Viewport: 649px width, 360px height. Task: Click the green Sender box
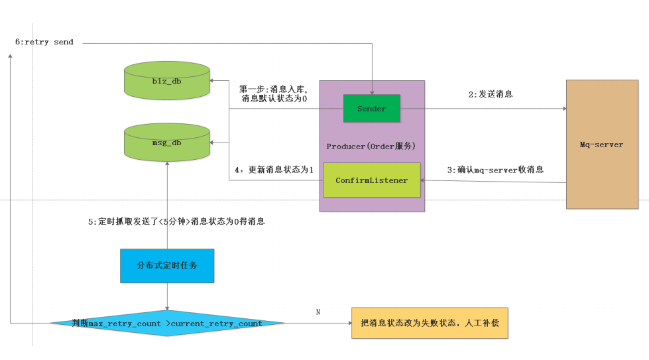point(371,109)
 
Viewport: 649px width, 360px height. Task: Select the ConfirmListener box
point(371,180)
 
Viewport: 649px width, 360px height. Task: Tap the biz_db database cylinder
point(167,81)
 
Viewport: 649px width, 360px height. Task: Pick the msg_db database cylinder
point(167,143)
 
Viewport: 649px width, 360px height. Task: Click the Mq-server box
point(601,145)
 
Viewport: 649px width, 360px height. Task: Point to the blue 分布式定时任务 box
point(167,265)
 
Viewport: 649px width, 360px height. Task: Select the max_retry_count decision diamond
point(167,324)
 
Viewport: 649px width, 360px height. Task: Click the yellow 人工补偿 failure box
point(429,323)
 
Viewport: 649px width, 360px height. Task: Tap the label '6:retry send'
point(44,42)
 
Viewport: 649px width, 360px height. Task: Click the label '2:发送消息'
point(490,95)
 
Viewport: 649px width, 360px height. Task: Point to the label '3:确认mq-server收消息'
point(495,170)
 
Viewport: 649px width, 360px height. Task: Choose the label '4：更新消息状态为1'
point(274,170)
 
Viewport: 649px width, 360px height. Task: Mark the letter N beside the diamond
point(318,312)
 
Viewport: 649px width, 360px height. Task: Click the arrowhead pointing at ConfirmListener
point(425,182)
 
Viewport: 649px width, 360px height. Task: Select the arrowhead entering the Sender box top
point(371,91)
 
